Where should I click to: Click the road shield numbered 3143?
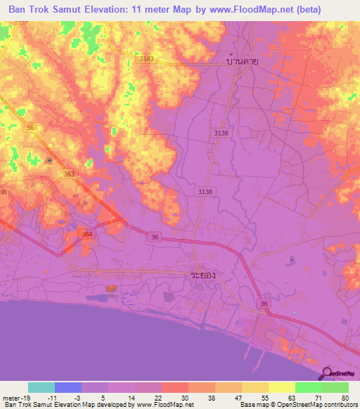coord(146,59)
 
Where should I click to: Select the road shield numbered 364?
coord(86,234)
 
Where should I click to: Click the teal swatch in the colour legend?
coord(41,387)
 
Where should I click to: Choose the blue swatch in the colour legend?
coord(68,387)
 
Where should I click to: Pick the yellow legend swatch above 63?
coord(281,387)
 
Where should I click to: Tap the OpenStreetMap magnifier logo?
coord(328,373)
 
